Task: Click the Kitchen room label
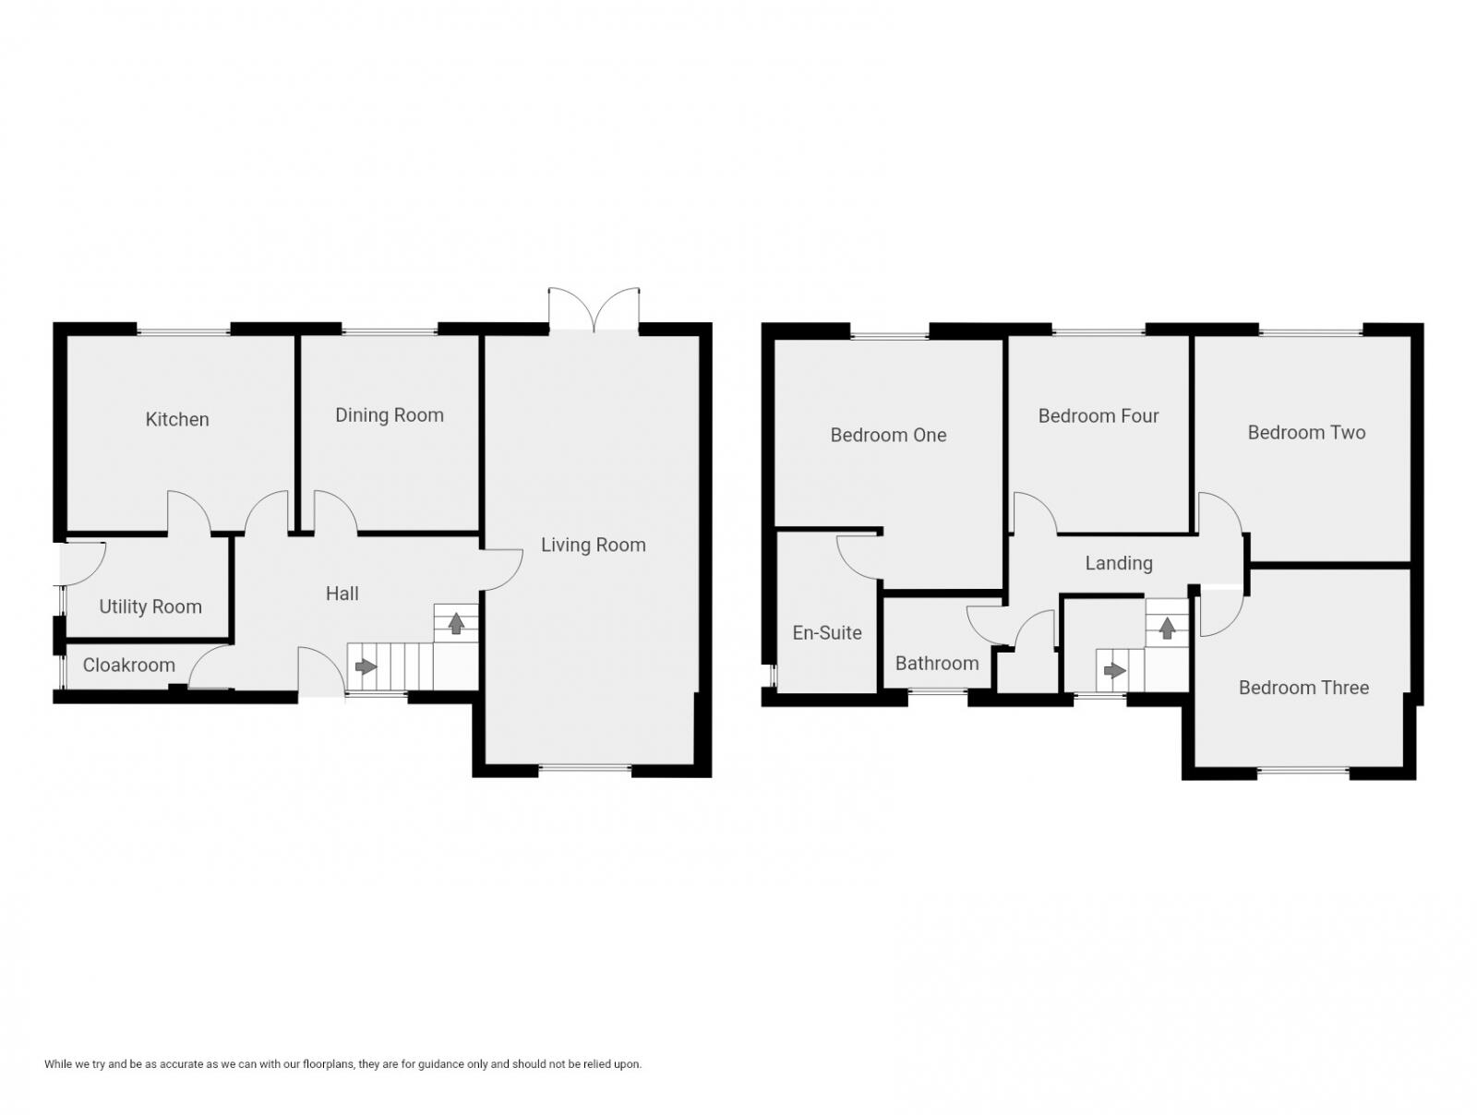(x=177, y=419)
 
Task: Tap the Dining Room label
(x=389, y=415)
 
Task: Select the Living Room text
(x=593, y=545)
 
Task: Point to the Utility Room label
(x=150, y=606)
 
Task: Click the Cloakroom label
(x=128, y=665)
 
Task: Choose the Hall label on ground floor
(x=342, y=593)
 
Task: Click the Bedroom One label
(x=888, y=435)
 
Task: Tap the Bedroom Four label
(x=1098, y=415)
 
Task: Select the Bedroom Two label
(x=1305, y=432)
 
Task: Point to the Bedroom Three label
(x=1303, y=687)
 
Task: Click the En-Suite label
(x=827, y=632)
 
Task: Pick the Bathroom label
(x=936, y=663)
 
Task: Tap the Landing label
(x=1118, y=563)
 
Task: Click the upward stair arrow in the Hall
(x=456, y=623)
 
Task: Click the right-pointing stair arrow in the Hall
(x=366, y=665)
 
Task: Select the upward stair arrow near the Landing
(x=1167, y=629)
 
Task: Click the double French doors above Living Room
(x=594, y=308)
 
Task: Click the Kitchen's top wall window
(x=183, y=330)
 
